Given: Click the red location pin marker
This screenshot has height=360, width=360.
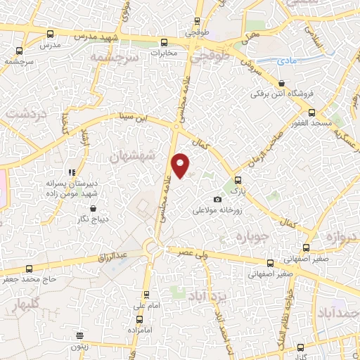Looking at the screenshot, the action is point(181,165).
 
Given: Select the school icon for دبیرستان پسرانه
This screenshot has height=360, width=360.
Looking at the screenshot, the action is point(71,172).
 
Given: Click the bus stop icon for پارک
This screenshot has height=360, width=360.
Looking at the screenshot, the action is point(238,180).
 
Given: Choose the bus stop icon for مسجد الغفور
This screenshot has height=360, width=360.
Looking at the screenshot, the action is point(311,112).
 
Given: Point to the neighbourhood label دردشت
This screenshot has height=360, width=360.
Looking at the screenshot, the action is point(22,112).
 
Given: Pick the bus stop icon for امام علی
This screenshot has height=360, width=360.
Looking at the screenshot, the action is point(146,295).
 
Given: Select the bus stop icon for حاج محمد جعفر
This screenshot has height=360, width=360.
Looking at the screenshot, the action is point(29,268).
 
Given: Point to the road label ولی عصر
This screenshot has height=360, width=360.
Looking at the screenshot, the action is point(193,252).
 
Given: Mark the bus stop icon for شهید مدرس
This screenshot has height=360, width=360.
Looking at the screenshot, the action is point(49,34).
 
